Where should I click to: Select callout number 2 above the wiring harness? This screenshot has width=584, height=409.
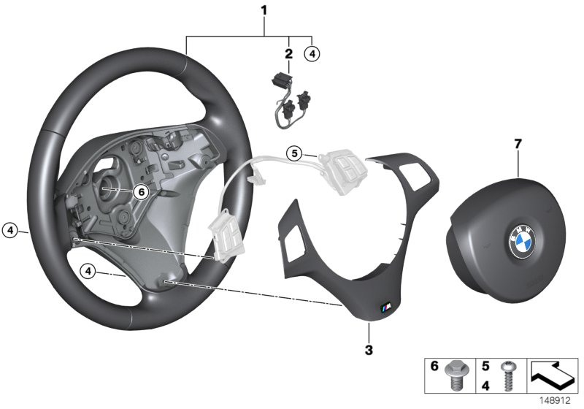[288, 53]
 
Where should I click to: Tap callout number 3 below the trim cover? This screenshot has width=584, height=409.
[369, 351]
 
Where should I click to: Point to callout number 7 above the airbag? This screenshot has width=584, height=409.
[518, 144]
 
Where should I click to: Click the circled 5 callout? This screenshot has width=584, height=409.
[293, 153]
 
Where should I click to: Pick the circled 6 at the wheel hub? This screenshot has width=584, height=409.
[141, 191]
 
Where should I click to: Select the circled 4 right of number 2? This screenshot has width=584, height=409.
[312, 53]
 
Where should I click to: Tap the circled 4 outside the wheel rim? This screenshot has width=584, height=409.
[9, 229]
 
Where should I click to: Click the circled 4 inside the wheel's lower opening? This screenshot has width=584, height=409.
[89, 272]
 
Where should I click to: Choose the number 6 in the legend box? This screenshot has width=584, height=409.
[434, 368]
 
